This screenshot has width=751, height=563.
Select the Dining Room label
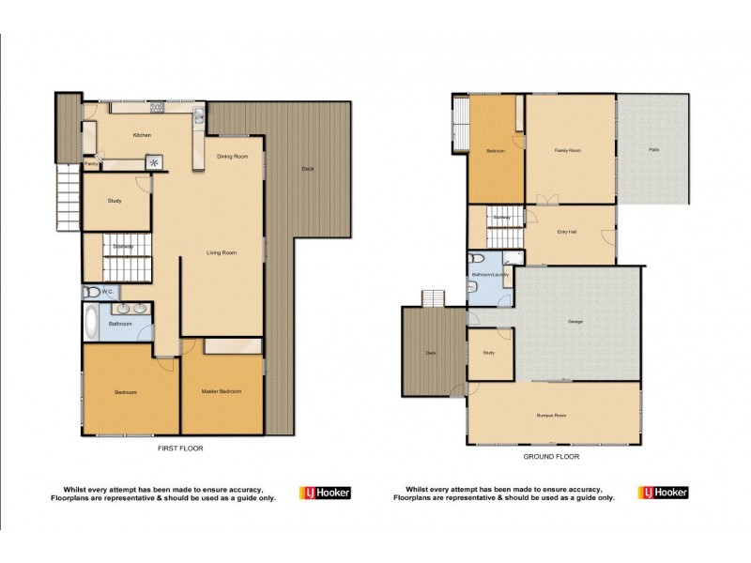click(232, 156)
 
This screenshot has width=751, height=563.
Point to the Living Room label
click(222, 251)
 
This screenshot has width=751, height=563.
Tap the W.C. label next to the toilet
click(108, 292)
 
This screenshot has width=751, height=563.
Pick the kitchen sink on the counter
click(199, 118)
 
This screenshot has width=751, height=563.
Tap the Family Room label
click(567, 150)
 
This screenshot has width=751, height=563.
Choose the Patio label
click(652, 150)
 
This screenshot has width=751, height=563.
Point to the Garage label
click(575, 322)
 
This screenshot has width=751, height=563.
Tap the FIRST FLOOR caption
click(180, 449)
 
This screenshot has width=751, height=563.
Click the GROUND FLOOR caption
click(551, 456)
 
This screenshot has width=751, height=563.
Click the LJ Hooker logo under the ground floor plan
click(665, 493)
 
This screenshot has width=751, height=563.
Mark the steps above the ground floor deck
click(433, 298)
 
